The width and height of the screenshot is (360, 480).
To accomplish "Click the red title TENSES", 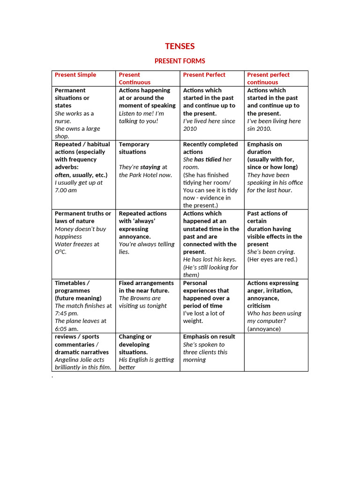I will [x=180, y=46].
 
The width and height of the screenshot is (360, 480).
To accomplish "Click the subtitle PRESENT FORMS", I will [x=180, y=61].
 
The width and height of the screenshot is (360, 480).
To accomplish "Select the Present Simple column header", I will [x=75, y=75].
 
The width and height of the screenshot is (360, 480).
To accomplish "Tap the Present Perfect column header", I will [x=204, y=75].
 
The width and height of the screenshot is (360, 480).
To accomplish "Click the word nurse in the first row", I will [x=63, y=121].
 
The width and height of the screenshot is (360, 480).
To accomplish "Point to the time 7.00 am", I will [x=66, y=190].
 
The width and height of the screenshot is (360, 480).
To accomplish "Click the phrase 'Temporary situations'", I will [x=134, y=148].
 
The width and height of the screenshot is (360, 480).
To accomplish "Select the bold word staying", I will [x=150, y=167].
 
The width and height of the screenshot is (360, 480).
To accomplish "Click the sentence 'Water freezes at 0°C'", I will [x=77, y=247].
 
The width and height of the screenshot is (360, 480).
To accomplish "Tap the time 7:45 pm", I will [x=66, y=313].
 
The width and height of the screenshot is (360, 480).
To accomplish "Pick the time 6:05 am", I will [x=66, y=329].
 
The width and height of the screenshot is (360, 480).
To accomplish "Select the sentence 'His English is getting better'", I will [x=146, y=363].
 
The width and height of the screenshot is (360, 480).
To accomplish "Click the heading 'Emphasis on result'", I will [x=209, y=337].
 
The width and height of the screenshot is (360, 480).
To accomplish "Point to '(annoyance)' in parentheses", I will [x=264, y=329].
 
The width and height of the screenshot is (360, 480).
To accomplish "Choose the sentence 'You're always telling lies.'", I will [x=146, y=248].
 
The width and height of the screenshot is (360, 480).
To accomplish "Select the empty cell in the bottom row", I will [x=276, y=352].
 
